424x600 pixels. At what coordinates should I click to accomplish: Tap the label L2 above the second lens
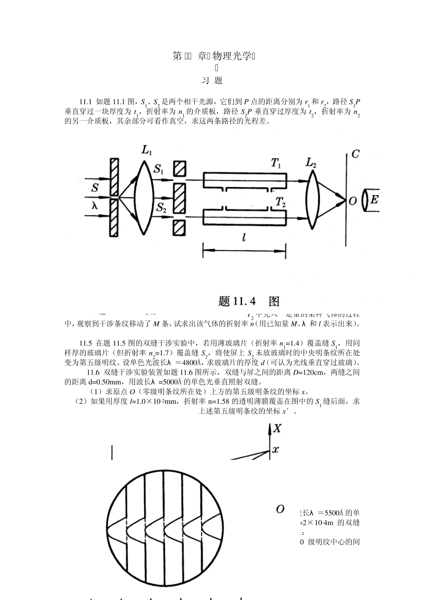(x=311, y=163)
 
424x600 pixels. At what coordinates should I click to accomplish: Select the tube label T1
(x=276, y=164)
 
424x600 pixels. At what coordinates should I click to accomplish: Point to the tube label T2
(x=280, y=202)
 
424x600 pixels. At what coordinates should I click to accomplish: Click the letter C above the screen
(x=355, y=154)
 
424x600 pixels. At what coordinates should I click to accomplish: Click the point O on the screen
(x=352, y=201)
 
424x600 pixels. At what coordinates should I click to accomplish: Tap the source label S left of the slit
(x=95, y=187)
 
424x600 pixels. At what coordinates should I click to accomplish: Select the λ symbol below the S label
(x=94, y=205)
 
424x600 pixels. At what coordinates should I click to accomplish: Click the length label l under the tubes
(x=244, y=238)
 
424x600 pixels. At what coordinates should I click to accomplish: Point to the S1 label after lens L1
(x=159, y=169)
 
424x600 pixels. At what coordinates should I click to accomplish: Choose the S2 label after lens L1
(x=161, y=208)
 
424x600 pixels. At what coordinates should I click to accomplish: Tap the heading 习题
(x=212, y=81)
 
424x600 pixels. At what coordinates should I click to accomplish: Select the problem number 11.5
(x=86, y=343)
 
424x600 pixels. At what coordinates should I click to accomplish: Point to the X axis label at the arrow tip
(x=278, y=429)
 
